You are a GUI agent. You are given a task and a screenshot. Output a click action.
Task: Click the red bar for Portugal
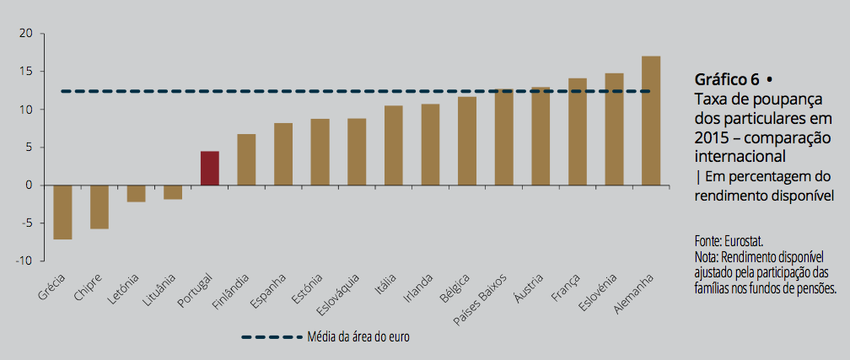click(x=209, y=168)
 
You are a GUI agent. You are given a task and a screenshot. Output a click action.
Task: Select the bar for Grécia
click(x=62, y=212)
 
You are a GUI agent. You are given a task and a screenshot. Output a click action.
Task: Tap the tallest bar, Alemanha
click(x=650, y=121)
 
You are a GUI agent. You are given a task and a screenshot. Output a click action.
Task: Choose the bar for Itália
click(x=393, y=145)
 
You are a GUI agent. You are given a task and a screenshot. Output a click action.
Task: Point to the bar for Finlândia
click(x=246, y=159)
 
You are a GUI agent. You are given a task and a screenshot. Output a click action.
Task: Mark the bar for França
click(x=577, y=132)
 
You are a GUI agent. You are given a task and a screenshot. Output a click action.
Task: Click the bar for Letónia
click(x=136, y=193)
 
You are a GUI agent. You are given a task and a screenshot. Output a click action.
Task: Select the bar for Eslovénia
click(x=614, y=129)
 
